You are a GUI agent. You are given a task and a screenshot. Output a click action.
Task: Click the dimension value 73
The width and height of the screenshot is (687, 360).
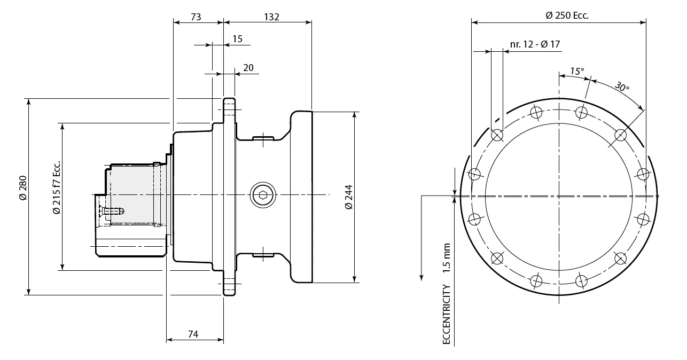coord(196,17)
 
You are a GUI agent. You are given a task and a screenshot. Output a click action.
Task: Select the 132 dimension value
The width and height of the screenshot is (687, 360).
coord(271,17)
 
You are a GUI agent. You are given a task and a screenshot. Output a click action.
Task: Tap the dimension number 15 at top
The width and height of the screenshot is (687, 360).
coord(237,39)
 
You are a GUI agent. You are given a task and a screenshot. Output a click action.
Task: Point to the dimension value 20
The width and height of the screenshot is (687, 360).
coord(248,68)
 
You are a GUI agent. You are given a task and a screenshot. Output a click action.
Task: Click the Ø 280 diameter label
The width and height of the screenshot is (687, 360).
coord(22,188)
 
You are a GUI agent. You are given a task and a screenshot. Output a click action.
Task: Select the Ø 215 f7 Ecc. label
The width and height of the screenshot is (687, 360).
coord(57,187)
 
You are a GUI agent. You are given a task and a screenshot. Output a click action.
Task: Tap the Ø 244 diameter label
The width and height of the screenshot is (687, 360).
coord(348,197)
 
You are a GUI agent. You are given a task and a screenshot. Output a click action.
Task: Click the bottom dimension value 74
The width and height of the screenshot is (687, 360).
coord(193,334)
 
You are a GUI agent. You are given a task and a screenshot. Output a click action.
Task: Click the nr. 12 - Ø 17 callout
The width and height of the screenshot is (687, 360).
coord(535,44)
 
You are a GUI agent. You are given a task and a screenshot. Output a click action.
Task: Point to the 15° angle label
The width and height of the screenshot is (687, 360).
coord(577,71)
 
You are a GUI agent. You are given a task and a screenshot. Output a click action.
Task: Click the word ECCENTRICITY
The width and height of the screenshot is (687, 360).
coord(447,315)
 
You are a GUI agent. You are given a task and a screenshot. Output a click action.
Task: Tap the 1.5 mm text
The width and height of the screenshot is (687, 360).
coord(447,258)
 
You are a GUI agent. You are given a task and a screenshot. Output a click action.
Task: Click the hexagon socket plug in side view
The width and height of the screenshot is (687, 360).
coord(261,196)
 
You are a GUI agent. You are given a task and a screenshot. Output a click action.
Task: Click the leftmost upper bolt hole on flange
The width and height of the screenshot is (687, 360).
coord(474,174)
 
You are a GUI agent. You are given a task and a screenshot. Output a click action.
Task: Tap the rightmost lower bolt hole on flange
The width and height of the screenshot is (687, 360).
coord(643,219)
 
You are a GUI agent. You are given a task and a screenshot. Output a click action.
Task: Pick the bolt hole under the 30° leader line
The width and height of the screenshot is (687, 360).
coord(620,135)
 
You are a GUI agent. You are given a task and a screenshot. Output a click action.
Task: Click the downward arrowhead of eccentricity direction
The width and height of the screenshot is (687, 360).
coord(421,276)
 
